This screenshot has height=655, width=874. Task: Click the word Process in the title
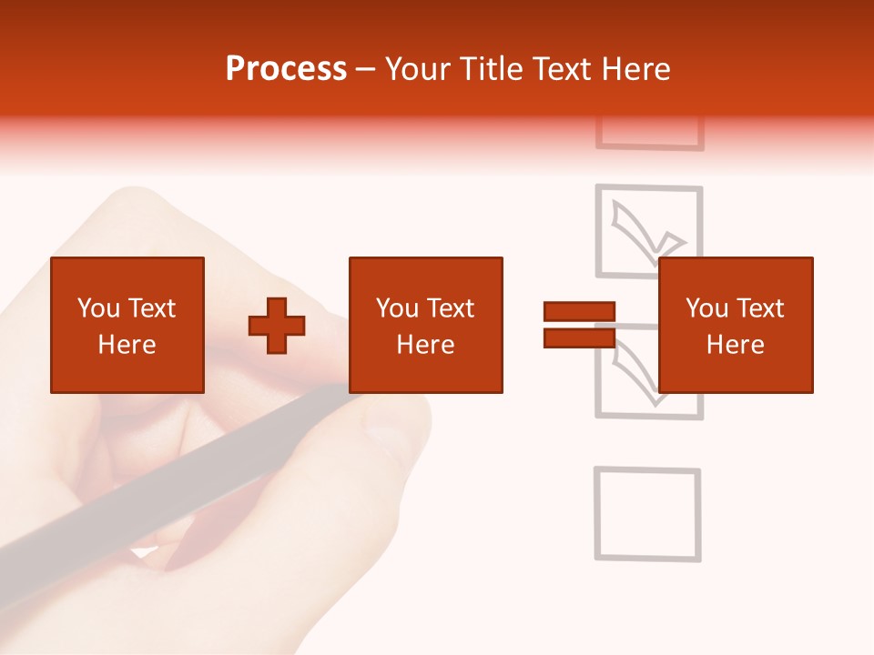[286, 69]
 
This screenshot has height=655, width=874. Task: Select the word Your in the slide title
[418, 69]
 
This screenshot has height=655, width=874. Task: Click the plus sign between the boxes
[277, 326]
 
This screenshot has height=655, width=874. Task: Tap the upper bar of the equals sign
[580, 312]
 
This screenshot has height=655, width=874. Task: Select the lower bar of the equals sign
[580, 338]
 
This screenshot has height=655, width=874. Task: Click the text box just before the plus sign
[127, 325]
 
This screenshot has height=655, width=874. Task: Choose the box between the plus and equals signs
[426, 325]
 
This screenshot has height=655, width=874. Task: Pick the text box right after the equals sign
[736, 325]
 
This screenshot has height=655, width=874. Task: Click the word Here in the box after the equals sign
[736, 345]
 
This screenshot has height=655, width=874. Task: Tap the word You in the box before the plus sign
[98, 308]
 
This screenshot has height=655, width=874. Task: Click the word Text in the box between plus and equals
[452, 308]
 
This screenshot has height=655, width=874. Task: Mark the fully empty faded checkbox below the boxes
[647, 513]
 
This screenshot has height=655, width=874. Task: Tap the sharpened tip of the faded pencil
[142, 552]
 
